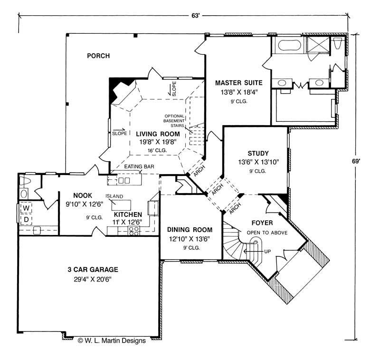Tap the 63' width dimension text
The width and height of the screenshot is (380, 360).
pyautogui.click(x=195, y=16)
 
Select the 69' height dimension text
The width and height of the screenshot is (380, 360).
pyautogui.click(x=363, y=161)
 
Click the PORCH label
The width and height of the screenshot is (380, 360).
pyautogui.click(x=98, y=56)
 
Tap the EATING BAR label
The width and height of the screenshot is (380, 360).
pyautogui.click(x=138, y=166)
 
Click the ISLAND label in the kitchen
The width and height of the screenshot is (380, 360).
pyautogui.click(x=114, y=196)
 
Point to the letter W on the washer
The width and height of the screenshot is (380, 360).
pyautogui.click(x=27, y=208)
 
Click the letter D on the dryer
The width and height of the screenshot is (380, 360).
pyautogui.click(x=27, y=219)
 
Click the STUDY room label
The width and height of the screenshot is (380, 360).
pyautogui.click(x=258, y=153)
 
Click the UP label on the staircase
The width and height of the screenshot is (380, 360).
pyautogui.click(x=267, y=251)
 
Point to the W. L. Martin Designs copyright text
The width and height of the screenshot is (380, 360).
pyautogui.click(x=108, y=340)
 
